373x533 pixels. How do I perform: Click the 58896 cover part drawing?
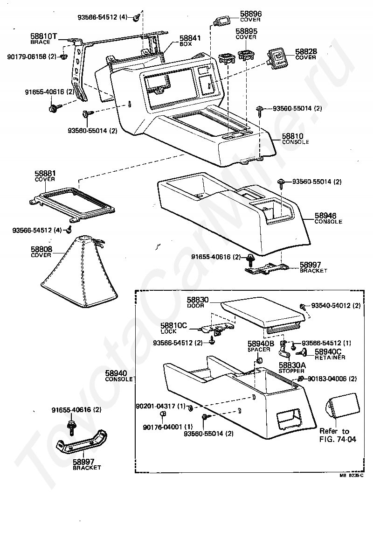[x=221, y=21]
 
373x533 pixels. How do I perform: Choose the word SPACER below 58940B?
[x=259, y=349]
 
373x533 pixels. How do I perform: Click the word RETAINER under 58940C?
[x=330, y=358]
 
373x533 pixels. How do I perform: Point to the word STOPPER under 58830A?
[x=292, y=371]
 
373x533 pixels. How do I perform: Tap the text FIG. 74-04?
[x=338, y=439]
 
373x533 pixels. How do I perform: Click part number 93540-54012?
[x=331, y=306]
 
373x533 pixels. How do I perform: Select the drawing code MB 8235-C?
[x=351, y=476]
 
